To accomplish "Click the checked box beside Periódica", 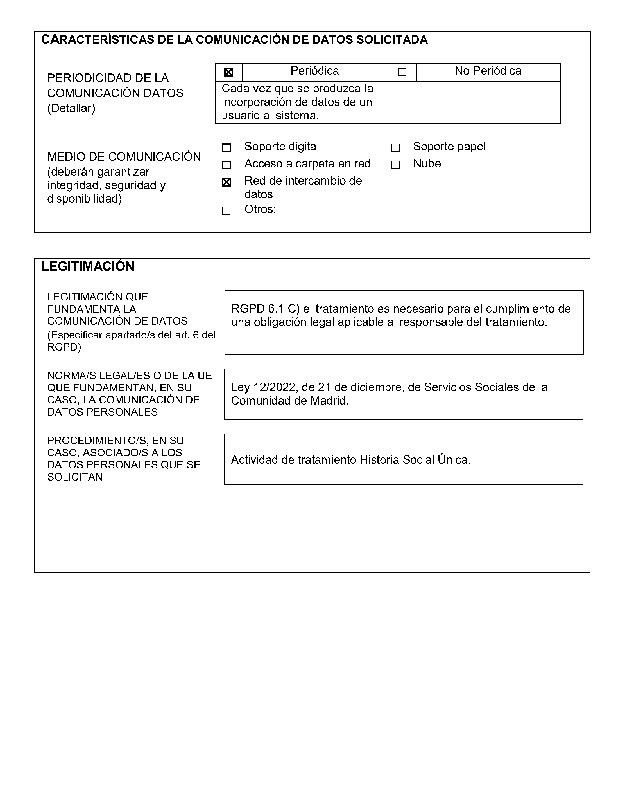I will click(228, 72).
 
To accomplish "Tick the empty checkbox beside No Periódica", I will click(402, 72).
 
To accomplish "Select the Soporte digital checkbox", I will click(226, 148).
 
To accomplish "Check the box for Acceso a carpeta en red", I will click(226, 165).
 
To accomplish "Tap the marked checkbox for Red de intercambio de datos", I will click(226, 182).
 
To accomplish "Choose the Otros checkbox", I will click(226, 210).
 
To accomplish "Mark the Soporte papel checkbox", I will click(395, 148).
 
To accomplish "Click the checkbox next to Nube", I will click(395, 165).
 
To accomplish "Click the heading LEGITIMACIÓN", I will click(88, 266).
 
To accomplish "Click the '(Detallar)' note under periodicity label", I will click(71, 108).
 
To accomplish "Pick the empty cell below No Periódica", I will click(474, 102).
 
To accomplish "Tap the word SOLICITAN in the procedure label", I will click(75, 477).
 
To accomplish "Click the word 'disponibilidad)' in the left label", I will click(84, 199).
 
